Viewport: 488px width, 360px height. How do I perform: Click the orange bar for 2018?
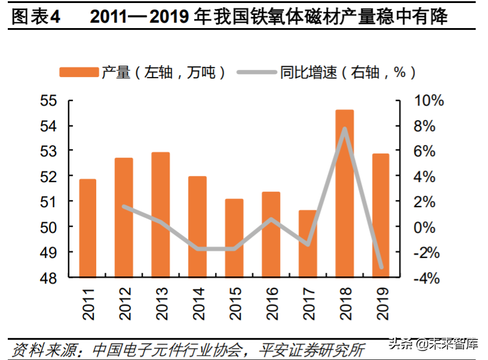345,194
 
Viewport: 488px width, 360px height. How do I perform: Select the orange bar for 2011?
88,228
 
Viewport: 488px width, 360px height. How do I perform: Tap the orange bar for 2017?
308,244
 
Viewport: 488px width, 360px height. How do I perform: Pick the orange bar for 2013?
161,215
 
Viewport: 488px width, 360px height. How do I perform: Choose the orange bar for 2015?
234,238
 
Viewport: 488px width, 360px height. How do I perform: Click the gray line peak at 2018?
345,128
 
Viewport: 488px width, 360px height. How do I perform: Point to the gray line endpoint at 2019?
381,267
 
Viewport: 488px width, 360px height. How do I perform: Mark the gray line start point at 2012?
124,207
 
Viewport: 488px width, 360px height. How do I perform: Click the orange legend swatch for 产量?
78,72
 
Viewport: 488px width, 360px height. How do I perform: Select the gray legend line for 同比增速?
257,72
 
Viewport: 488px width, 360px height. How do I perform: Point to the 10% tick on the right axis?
429,101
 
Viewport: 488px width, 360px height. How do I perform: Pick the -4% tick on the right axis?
429,278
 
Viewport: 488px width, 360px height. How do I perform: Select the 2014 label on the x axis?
198,302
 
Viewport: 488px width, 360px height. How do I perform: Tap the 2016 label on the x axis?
271,302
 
